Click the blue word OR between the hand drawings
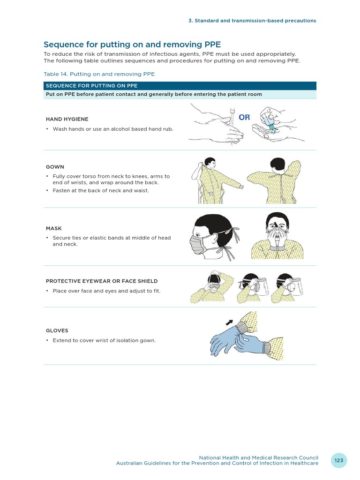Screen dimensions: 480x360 tap(244, 118)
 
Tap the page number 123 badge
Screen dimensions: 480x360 tap(339, 460)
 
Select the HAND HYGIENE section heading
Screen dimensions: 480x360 tap(67, 119)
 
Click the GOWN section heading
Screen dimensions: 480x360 tap(55, 167)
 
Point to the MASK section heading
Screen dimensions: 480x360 tap(54, 228)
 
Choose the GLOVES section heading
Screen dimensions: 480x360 tap(57, 330)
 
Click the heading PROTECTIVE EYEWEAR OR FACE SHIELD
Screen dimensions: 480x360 tap(102, 281)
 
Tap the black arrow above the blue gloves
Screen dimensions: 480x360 tap(229, 322)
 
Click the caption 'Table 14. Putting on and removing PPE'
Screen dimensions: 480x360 tap(99, 74)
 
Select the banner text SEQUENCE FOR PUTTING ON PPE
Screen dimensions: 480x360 tap(91, 85)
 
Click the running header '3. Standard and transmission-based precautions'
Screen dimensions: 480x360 tap(252, 21)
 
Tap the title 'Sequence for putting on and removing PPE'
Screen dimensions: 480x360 tap(132, 45)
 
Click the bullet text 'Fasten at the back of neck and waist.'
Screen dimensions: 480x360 tap(101, 191)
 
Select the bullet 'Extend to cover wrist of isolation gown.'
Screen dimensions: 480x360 tap(104, 340)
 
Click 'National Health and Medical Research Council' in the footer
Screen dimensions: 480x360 tap(258, 457)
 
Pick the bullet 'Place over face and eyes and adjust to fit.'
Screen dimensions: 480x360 tap(106, 291)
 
